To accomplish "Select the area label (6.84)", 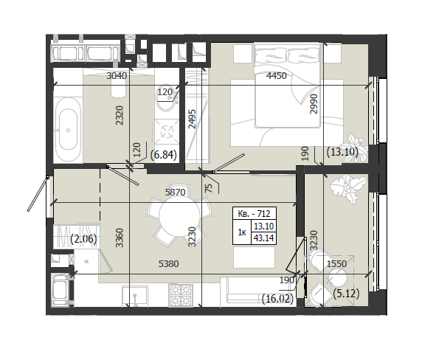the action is coord(163,155).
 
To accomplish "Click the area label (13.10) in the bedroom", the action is coord(342,152).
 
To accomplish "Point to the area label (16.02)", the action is coord(277,299).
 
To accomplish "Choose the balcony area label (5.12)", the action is coord(346,294).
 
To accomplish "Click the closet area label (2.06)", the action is coord(83,239).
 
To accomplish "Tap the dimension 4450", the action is coord(277,76).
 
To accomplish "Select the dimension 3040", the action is coord(117,76).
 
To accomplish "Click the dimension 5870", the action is coord(175,193).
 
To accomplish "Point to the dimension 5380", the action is coord(169,264).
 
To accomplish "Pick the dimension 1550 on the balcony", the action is coord(336,264).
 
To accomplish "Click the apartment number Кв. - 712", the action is coord(255,214).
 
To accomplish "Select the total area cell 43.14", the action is coord(264,238).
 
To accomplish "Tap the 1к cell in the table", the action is coord(242,232).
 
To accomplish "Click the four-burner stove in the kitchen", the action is coord(181,295).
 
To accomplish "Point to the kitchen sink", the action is coord(134,296).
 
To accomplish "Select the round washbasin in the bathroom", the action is coord(167,100).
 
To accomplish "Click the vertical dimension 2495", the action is coord(192,119).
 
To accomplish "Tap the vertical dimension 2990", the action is coord(314,104).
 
